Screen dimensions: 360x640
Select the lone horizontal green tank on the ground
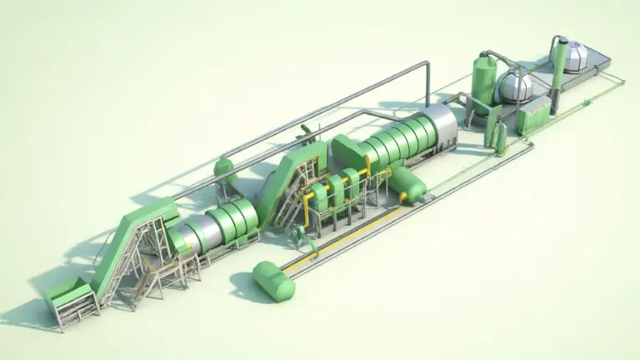[274, 281]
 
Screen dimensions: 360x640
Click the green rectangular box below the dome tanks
[533, 117]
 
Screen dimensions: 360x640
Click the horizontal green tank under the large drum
[408, 182]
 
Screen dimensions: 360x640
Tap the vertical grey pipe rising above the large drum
[427, 83]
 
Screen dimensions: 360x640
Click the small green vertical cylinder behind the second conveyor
[224, 171]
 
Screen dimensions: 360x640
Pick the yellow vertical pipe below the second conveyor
[306, 214]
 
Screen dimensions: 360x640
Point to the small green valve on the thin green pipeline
[587, 102]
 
